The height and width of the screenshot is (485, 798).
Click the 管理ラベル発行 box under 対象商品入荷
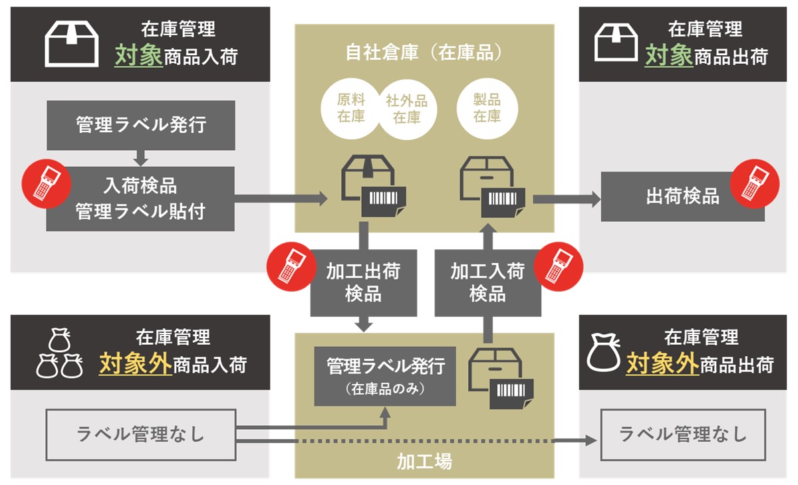pyautogui.click(x=140, y=125)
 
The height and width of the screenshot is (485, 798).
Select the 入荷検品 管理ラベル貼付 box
pyautogui.click(x=140, y=199)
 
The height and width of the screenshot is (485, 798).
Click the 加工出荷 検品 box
pyautogui.click(x=363, y=282)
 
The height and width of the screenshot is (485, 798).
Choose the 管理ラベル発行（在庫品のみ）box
pyautogui.click(x=385, y=375)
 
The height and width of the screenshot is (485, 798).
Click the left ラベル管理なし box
pyautogui.click(x=140, y=435)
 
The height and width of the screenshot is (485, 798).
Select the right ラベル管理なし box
pyautogui.click(x=683, y=435)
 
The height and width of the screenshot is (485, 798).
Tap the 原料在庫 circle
pyautogui.click(x=351, y=108)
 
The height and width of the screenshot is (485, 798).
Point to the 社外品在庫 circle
pyautogui.click(x=406, y=108)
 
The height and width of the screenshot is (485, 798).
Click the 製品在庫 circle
pyautogui.click(x=487, y=108)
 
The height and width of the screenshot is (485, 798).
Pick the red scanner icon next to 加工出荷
pyautogui.click(x=287, y=266)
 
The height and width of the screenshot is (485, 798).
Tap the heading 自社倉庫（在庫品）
pyautogui.click(x=424, y=52)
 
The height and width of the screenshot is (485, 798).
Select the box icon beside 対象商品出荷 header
pyautogui.click(x=615, y=45)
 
